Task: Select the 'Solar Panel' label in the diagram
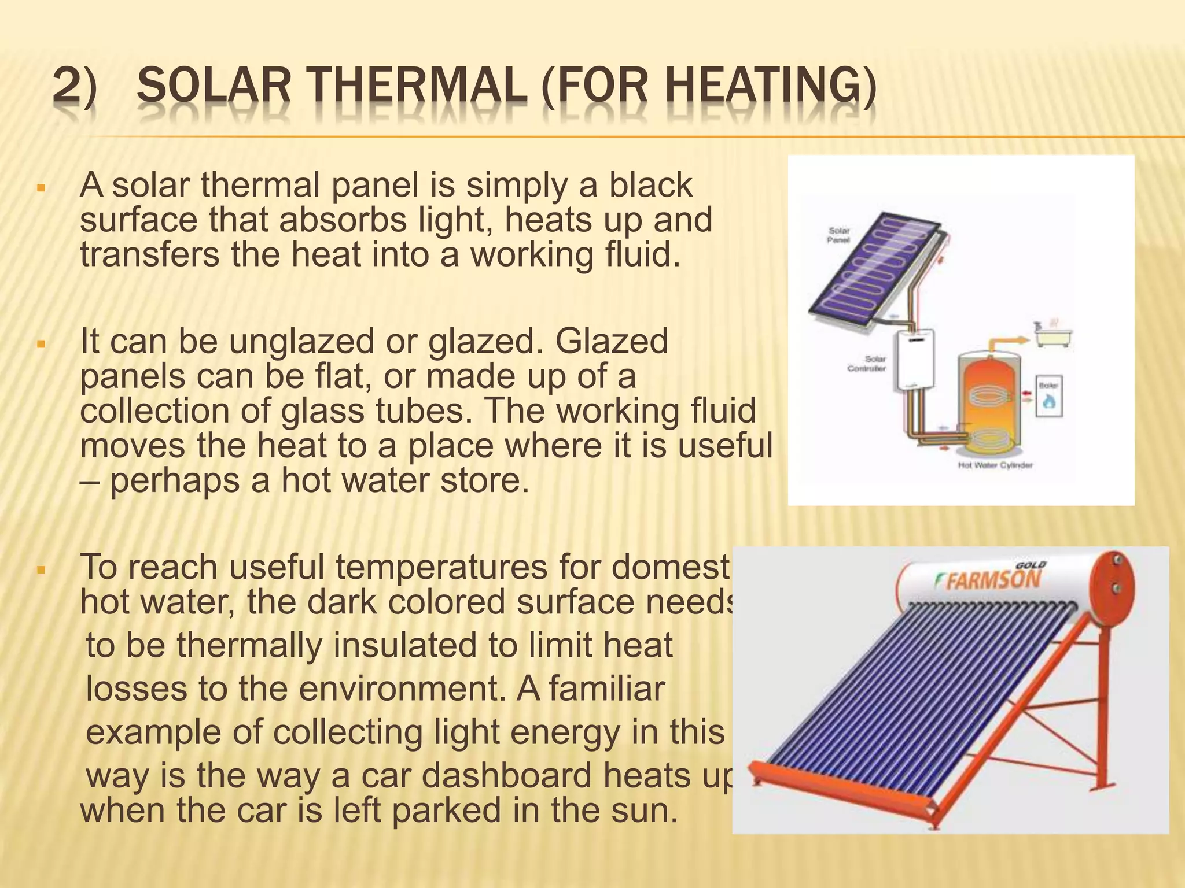coord(838,235)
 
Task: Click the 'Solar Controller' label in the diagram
coord(867,364)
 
